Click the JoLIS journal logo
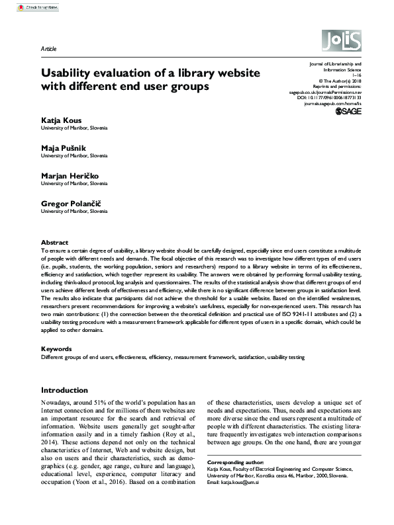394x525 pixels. point(342,43)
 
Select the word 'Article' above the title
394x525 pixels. point(49,49)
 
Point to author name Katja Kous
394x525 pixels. point(64,120)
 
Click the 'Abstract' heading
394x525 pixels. point(54,243)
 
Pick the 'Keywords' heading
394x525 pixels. point(56,348)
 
